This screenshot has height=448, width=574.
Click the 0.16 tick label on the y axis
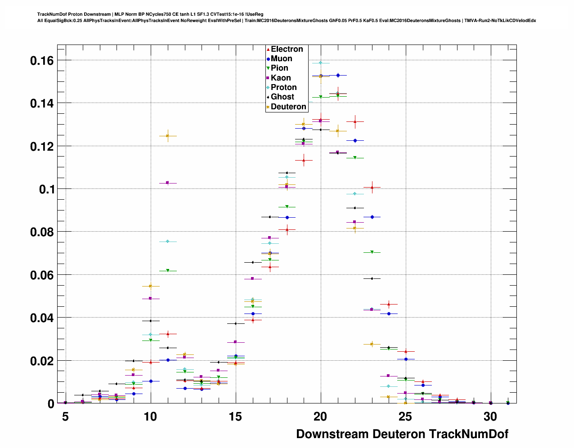coord(42,60)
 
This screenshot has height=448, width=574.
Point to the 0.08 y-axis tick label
coord(42,232)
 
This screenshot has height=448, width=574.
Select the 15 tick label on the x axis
coord(235,417)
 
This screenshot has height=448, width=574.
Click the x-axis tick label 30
coord(490,417)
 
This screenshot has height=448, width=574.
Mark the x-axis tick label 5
coord(66,417)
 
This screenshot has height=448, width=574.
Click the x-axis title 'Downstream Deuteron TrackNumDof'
coord(402,434)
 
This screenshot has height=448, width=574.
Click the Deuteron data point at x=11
coord(167,136)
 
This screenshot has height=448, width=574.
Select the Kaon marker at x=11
coord(167,183)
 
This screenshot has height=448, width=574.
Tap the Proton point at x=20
coord(321,63)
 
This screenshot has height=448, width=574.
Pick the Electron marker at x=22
coord(355,121)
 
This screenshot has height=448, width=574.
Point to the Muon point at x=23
coord(372,217)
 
